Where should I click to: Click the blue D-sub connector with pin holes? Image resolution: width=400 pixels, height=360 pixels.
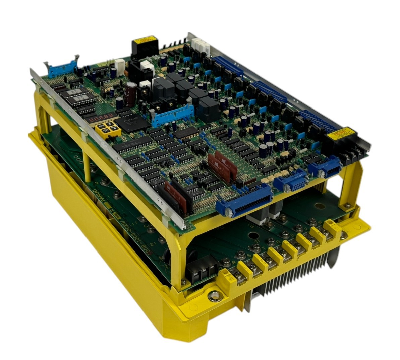pos(288,183)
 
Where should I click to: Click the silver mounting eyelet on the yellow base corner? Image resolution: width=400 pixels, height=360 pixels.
pos(214,295)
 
